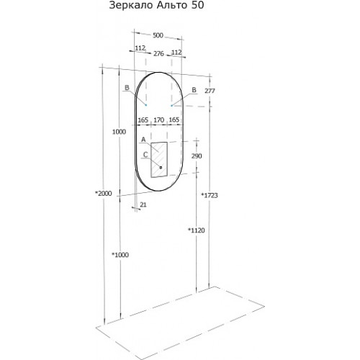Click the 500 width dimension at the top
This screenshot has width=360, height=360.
(158, 35)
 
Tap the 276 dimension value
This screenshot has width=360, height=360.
(158, 54)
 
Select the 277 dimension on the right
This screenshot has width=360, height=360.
(210, 91)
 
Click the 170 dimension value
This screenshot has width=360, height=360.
(158, 120)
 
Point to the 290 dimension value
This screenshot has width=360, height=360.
(197, 156)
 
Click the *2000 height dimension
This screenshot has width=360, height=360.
(104, 193)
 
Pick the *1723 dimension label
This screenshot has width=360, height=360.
(210, 195)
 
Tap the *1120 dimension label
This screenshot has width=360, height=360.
(197, 230)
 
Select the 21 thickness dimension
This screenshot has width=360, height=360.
(143, 204)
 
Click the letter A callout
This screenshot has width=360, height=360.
(143, 140)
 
